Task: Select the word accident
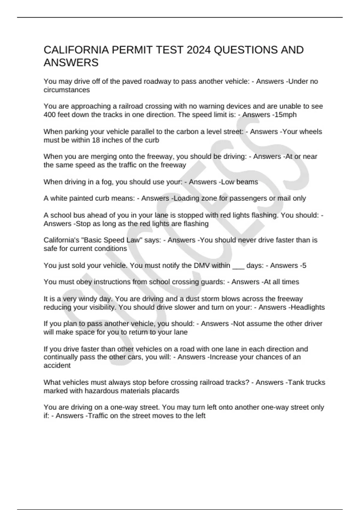57,365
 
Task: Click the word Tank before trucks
298,382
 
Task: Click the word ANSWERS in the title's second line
71,63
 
